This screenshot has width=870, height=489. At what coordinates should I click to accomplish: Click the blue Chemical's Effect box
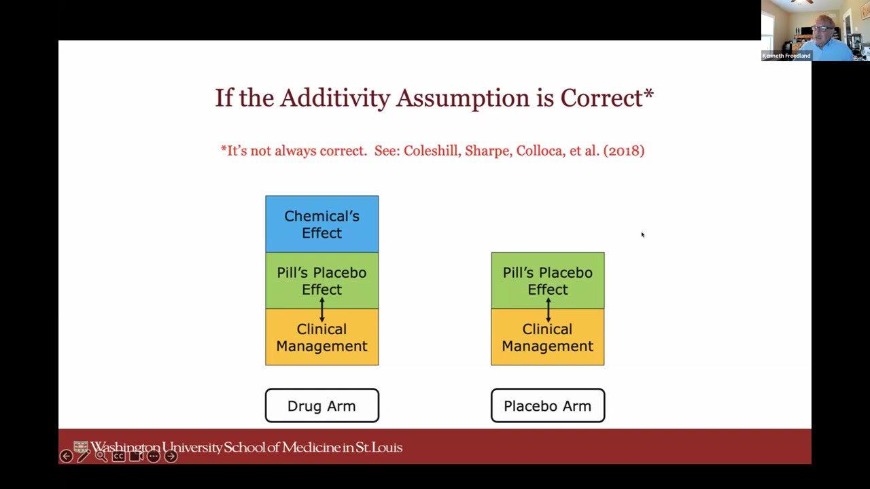point(321,224)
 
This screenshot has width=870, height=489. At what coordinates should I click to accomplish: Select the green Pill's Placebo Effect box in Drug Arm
point(321,280)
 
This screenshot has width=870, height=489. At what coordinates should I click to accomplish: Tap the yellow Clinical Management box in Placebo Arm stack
point(547,338)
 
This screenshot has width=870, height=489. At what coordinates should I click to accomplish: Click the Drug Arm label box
point(321,405)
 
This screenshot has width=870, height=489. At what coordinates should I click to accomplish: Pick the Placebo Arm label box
point(547,405)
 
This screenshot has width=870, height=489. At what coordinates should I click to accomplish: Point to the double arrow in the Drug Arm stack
point(322,309)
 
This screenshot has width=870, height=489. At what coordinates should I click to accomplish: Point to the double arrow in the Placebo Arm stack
point(548,309)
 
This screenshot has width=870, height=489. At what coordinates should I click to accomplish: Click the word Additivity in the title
point(335,98)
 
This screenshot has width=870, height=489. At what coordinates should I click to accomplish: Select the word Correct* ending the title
point(606,98)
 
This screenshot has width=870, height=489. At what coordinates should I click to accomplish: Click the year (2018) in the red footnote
point(623,151)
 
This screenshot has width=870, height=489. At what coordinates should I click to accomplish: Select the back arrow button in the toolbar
point(66,456)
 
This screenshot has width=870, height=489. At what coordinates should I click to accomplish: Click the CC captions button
point(118,456)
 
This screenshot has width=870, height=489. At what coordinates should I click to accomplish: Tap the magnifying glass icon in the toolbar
point(101,456)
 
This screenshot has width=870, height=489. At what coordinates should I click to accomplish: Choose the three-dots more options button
point(154,456)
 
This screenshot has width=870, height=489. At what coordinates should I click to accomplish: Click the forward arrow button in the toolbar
point(171,456)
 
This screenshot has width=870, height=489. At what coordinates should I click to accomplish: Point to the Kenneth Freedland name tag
point(786,56)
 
